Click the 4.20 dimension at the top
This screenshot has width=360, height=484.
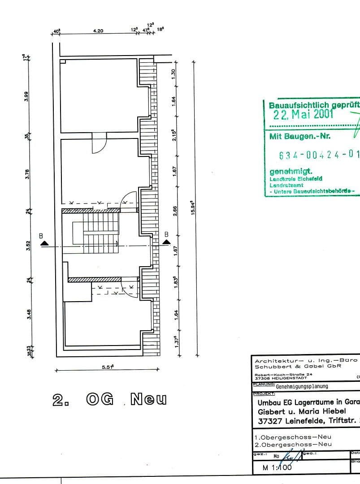98,31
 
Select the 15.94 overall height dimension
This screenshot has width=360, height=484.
192,207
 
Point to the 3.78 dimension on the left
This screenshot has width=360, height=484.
26,173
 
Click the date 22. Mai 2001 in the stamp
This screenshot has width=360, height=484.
304,114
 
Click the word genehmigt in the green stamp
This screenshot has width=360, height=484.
285,172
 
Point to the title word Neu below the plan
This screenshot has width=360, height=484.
148,399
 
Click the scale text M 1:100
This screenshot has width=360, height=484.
273,467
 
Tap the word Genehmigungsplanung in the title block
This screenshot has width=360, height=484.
302,386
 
